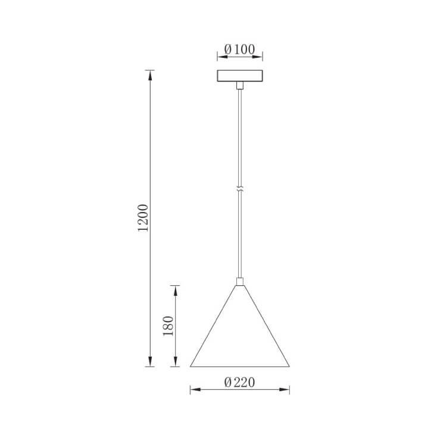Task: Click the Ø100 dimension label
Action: pos(240,49)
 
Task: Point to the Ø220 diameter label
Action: pos(240,383)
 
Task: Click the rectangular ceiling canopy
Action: pos(239,76)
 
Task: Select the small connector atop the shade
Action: pos(239,282)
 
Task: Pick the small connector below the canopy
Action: pos(239,86)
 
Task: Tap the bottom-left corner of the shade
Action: pos(191,366)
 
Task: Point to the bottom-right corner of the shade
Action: pos(289,366)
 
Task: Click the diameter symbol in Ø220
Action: pos(228,383)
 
